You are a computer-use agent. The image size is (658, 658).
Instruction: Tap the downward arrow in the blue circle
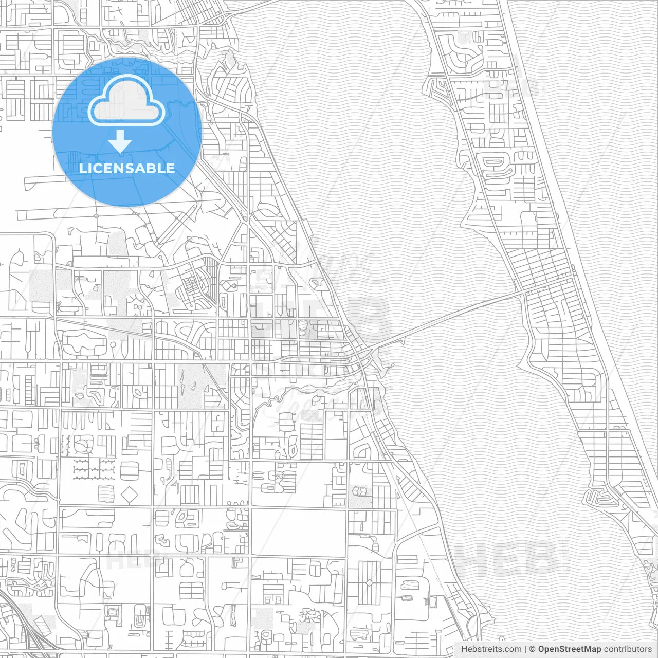click(x=120, y=141)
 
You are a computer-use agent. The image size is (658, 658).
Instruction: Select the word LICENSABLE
click(x=127, y=168)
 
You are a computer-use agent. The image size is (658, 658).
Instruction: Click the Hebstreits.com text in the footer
click(x=491, y=649)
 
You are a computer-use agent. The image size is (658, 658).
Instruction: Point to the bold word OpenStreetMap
click(x=569, y=649)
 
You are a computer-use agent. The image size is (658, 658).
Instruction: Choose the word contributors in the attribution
click(x=628, y=649)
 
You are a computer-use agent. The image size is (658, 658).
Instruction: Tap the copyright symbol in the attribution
click(x=532, y=649)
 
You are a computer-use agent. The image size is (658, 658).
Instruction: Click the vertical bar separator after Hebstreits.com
click(x=525, y=649)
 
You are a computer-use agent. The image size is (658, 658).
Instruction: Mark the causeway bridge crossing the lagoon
click(x=447, y=316)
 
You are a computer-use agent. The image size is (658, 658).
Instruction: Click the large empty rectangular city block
click(x=298, y=532)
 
